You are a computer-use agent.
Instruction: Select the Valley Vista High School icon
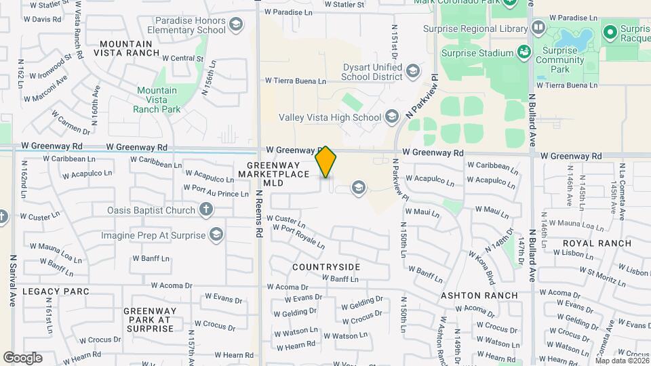point(391,117)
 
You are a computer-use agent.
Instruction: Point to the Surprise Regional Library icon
point(538,28)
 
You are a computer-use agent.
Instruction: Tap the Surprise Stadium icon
point(524,52)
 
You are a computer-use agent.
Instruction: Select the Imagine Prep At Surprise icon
point(216,235)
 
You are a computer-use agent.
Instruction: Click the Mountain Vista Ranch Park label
point(157,100)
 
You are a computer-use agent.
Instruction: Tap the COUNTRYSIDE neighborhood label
point(325,267)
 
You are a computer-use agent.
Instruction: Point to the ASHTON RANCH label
point(479,296)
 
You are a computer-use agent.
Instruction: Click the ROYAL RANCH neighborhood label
point(597,243)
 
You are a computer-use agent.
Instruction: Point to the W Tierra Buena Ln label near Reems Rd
point(295,81)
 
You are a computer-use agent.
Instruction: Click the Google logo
point(22,358)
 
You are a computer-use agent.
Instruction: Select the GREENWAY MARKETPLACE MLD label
point(273,174)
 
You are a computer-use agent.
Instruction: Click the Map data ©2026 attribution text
point(621,360)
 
